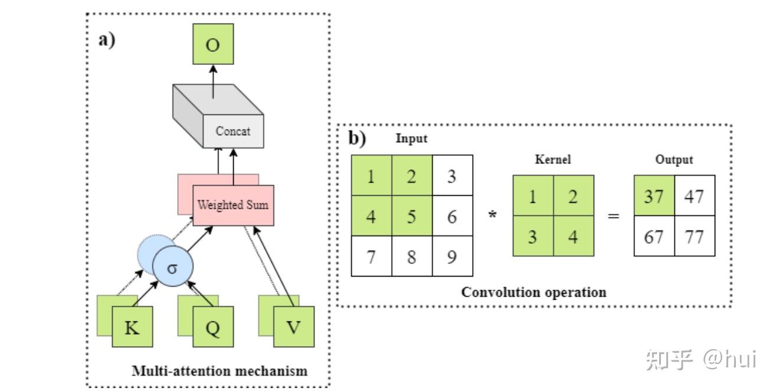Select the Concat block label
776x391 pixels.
click(x=233, y=131)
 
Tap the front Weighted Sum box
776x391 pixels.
click(x=233, y=205)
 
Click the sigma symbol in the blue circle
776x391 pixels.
click(x=172, y=267)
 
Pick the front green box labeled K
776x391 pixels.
click(x=133, y=327)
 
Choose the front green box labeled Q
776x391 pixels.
click(x=213, y=327)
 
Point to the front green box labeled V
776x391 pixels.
click(x=293, y=327)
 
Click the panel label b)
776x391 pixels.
click(x=357, y=139)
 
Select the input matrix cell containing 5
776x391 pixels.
click(x=412, y=216)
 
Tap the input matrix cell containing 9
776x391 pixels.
click(x=452, y=257)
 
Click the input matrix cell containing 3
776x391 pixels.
click(x=452, y=176)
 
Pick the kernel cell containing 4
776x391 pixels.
click(x=573, y=236)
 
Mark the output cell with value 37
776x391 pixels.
click(x=654, y=196)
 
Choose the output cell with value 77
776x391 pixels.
click(x=695, y=236)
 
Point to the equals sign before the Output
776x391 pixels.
click(x=614, y=216)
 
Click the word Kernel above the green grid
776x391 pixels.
click(x=552, y=160)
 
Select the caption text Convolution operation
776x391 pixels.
click(x=533, y=292)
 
